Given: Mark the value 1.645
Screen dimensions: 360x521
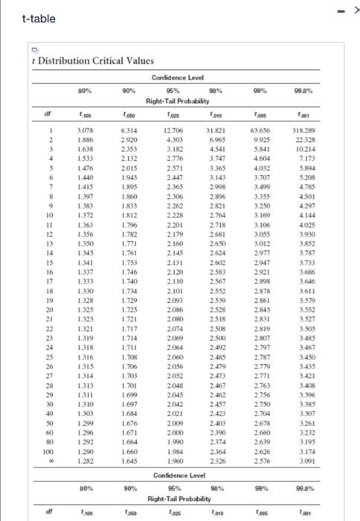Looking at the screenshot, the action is (x=129, y=461).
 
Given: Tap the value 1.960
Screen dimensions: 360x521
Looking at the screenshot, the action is (x=175, y=461).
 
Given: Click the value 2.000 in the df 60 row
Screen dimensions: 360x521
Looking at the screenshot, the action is (x=175, y=432).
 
